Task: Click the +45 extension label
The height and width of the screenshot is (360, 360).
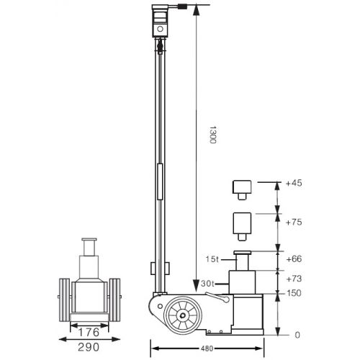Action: [x=294, y=184]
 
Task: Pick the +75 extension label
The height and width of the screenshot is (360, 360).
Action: [x=294, y=222]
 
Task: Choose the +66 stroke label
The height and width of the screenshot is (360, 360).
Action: [x=294, y=258]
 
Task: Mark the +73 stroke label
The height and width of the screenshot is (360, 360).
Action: [x=294, y=278]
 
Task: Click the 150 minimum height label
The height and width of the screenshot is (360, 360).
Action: [x=293, y=294]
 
